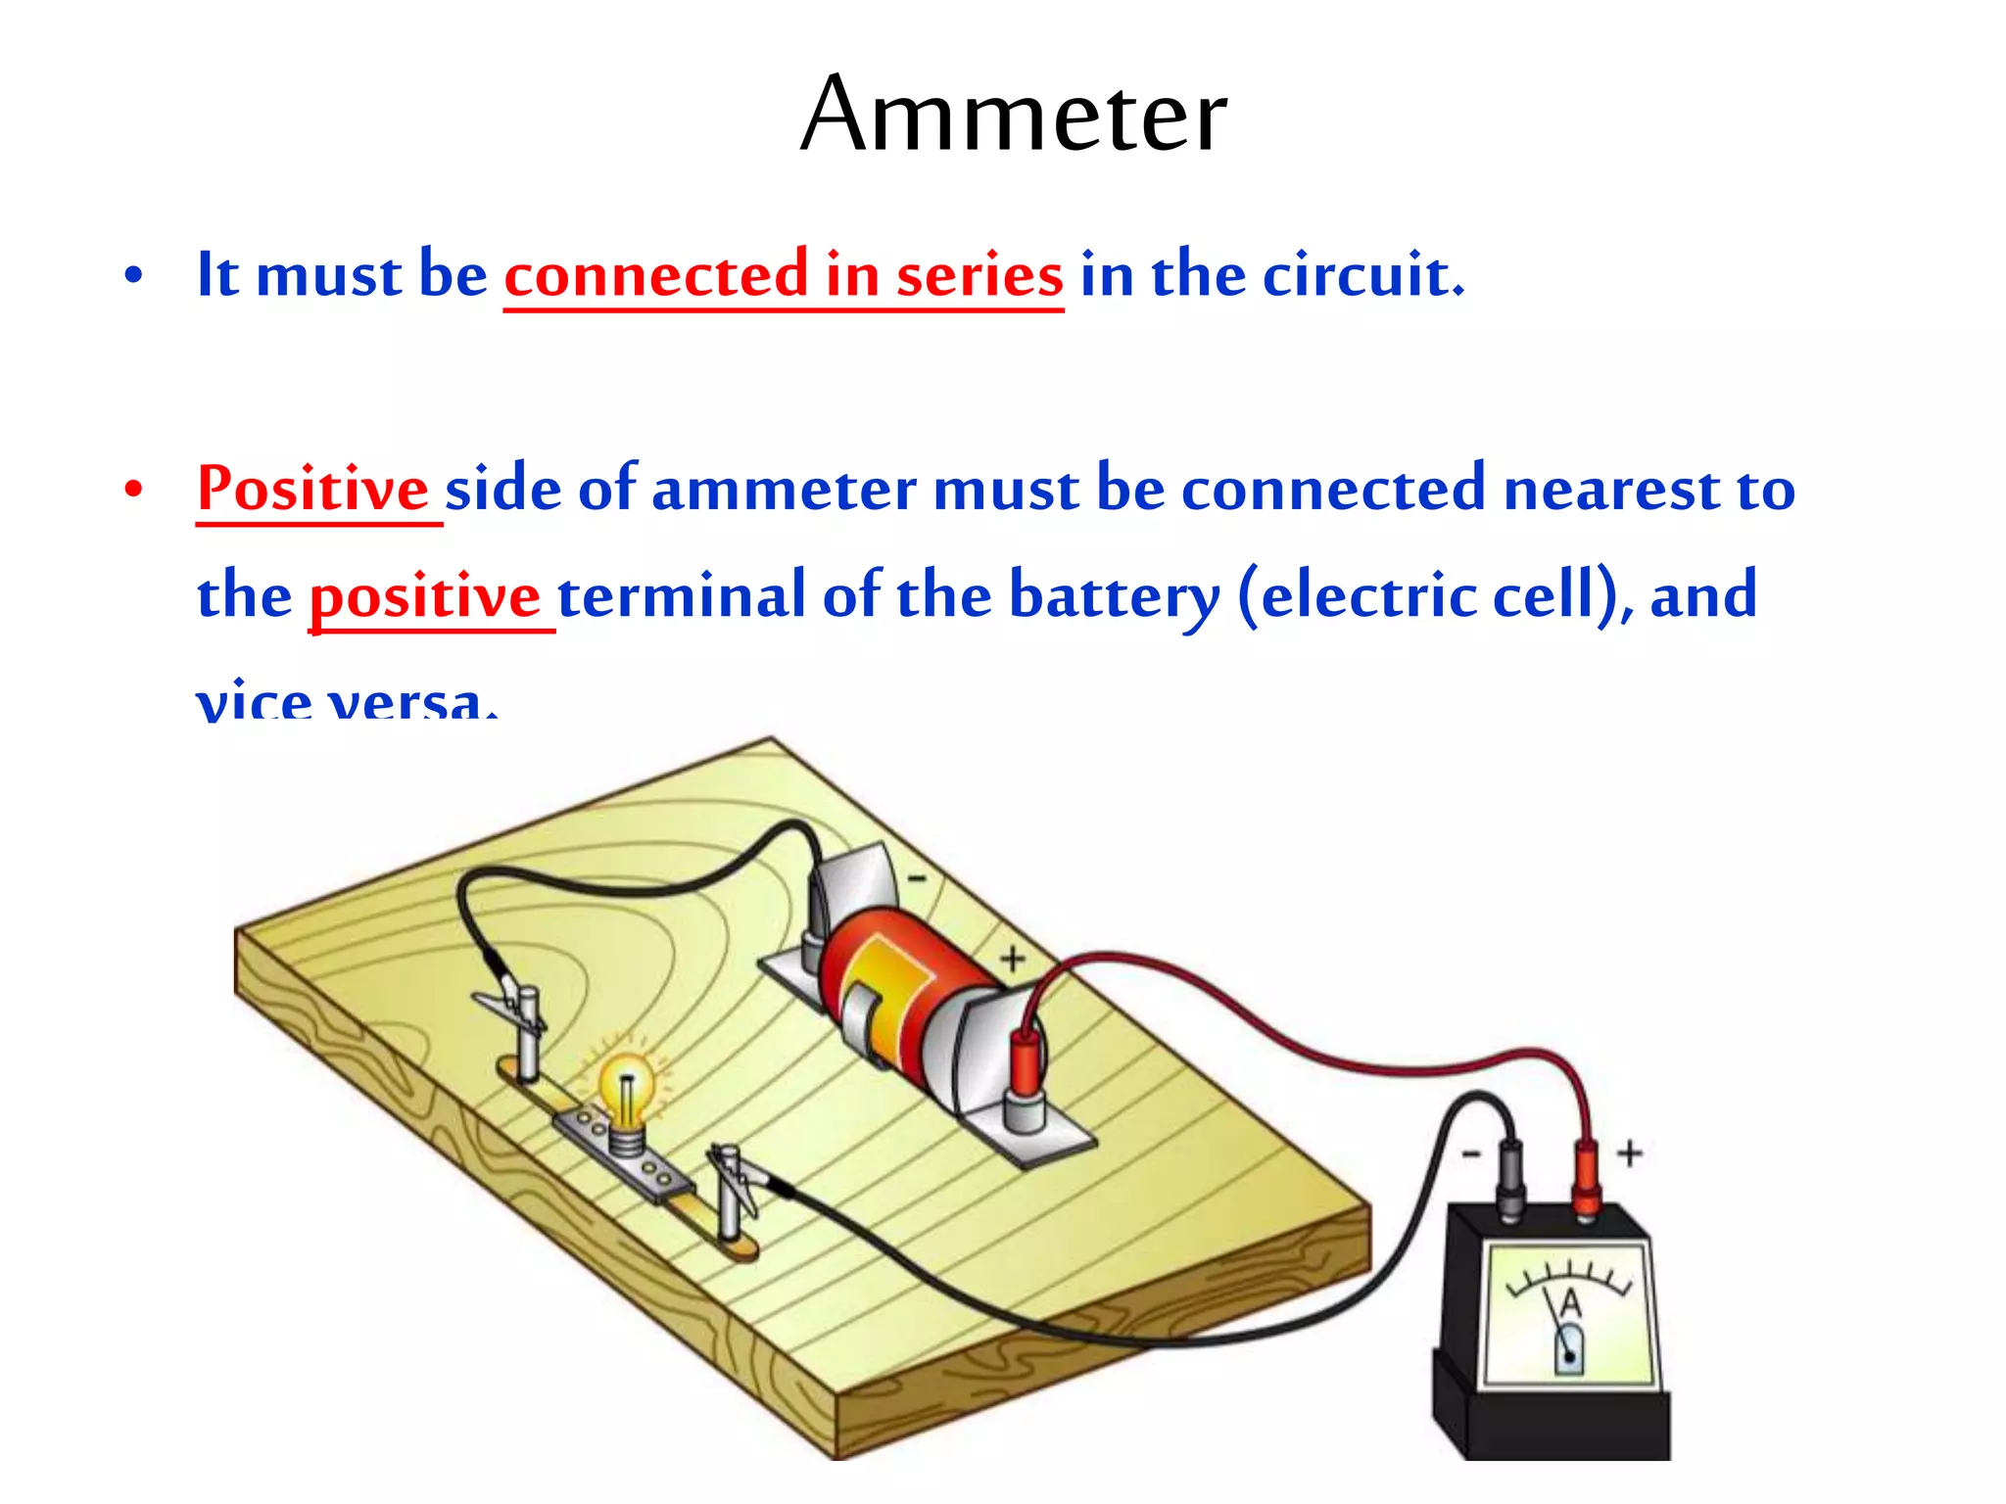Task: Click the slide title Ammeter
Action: point(1013,116)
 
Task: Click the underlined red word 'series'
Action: point(979,275)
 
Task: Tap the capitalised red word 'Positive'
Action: point(312,488)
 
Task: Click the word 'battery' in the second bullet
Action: point(1115,595)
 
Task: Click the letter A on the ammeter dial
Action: point(1570,1303)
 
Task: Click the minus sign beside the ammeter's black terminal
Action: point(1471,1155)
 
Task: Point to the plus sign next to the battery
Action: point(1013,959)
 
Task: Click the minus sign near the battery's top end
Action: point(917,878)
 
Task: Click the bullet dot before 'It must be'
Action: point(134,275)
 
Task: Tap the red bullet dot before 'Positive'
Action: point(134,489)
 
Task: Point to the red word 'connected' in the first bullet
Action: point(656,275)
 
